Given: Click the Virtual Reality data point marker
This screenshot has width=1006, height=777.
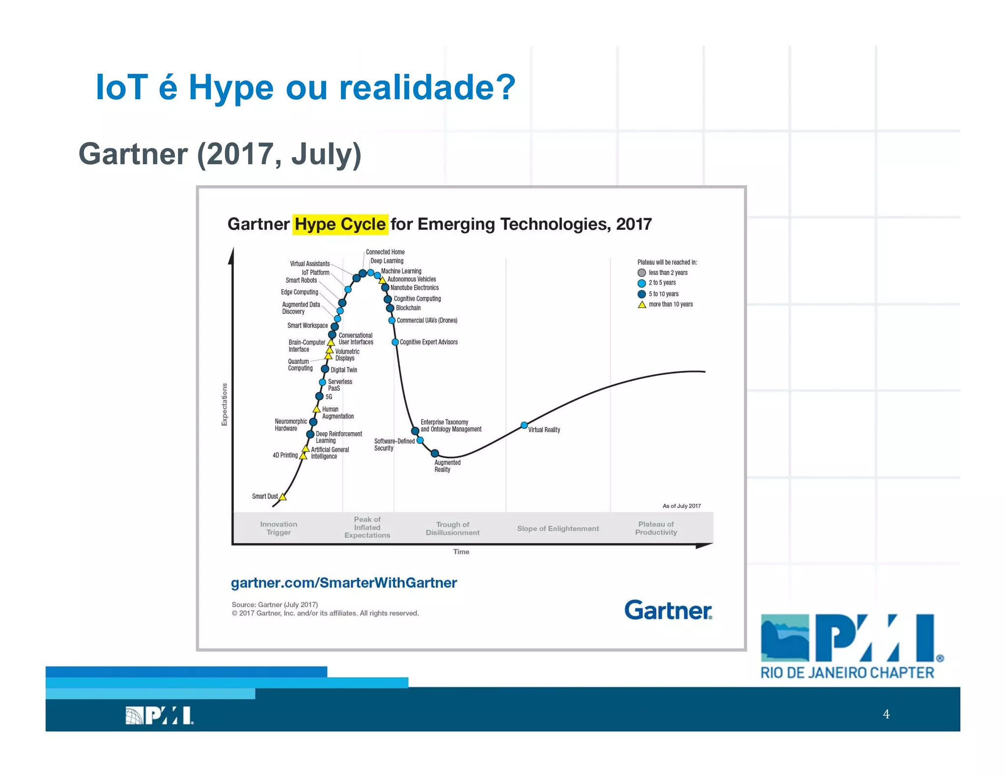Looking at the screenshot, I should tap(524, 425).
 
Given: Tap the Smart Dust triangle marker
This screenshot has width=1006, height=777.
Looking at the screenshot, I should tap(282, 497).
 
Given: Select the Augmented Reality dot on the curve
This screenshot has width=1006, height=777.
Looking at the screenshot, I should tap(435, 453).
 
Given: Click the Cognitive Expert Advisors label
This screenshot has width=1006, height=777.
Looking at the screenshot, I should tap(428, 342).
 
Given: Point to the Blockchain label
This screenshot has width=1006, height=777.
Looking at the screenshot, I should tap(408, 308).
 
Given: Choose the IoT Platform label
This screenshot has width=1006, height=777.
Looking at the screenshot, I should tap(315, 273).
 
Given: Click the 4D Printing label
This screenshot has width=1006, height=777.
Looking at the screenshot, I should tap(285, 455).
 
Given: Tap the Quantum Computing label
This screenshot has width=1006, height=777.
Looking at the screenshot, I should tap(300, 365).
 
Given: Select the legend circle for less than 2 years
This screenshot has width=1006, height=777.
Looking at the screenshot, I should tap(642, 273).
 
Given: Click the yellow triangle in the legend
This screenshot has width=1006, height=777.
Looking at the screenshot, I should tap(642, 305).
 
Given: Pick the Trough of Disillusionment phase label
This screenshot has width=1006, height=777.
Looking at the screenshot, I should tap(452, 528).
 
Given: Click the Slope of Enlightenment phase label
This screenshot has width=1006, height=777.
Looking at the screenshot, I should tap(558, 528).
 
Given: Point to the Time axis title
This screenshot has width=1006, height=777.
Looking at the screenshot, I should tap(461, 552).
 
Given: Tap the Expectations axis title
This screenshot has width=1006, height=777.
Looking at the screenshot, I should tap(224, 404).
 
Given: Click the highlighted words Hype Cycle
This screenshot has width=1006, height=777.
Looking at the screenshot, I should tap(340, 224).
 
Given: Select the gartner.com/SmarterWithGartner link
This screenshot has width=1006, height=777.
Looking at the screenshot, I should tap(344, 583).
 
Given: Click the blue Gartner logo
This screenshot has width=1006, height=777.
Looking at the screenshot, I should tap(668, 610).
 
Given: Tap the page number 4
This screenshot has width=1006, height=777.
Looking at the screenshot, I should tap(886, 714).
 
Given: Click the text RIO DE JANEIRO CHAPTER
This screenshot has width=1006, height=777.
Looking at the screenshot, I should tap(847, 673).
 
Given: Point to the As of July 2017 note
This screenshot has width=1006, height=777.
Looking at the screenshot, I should tap(681, 506).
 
